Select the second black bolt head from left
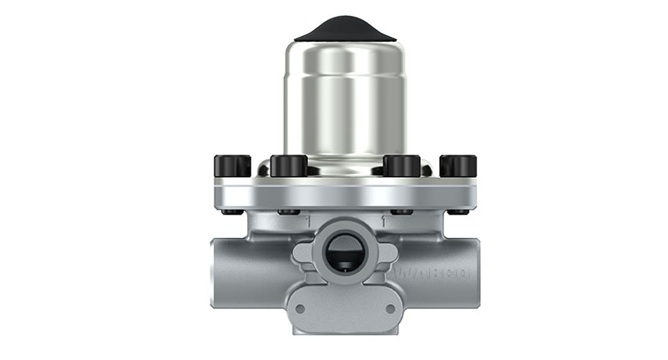288,165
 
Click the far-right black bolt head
458,165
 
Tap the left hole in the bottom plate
298,308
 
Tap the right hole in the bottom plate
389,308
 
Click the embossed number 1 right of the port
382,222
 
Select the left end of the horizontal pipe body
219,271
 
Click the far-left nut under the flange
232,211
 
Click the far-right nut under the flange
458,211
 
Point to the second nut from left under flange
288,211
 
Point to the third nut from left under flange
402,211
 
